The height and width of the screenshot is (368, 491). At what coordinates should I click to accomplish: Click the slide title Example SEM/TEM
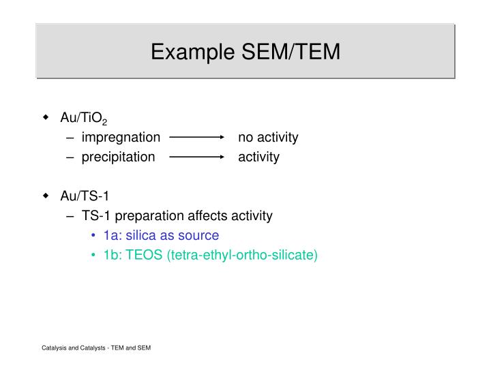click(x=245, y=52)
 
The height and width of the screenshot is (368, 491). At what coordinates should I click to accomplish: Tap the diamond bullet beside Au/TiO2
click(x=46, y=117)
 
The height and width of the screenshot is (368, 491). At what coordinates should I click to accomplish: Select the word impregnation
click(x=121, y=138)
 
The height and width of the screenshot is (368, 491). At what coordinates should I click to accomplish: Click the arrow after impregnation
click(x=197, y=137)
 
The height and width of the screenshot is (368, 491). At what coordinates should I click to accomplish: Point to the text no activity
click(x=268, y=138)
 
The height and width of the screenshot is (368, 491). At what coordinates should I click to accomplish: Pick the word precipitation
click(x=118, y=157)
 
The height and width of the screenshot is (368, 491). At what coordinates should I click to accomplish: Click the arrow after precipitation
click(x=197, y=157)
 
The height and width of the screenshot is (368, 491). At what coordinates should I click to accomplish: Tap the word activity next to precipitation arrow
click(x=258, y=157)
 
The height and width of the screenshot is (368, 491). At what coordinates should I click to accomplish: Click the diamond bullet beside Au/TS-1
click(x=46, y=196)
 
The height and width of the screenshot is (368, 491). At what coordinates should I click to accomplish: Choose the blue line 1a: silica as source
click(x=161, y=236)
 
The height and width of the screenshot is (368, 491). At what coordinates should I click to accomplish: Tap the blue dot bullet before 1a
click(x=93, y=236)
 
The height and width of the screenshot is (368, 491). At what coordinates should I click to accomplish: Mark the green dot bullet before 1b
click(x=93, y=256)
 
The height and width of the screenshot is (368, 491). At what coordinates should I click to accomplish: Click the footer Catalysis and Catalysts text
click(x=95, y=348)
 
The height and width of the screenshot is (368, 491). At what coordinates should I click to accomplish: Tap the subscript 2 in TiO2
click(x=104, y=123)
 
